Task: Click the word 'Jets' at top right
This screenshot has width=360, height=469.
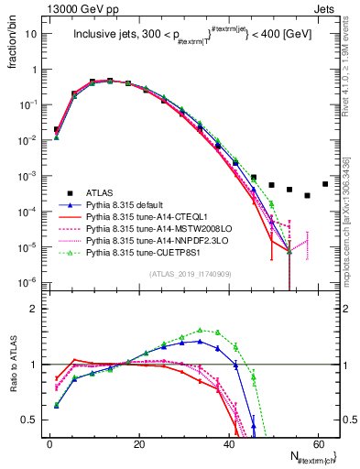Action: click(324, 7)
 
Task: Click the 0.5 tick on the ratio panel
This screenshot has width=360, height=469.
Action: click(33, 420)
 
